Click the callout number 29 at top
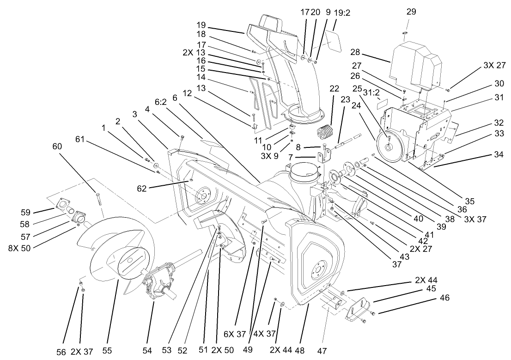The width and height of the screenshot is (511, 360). pyautogui.click(x=411, y=12)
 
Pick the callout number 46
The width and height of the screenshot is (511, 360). pyautogui.click(x=444, y=298)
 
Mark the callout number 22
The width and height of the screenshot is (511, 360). pyautogui.click(x=335, y=88)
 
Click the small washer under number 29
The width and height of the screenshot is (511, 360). pyautogui.click(x=405, y=33)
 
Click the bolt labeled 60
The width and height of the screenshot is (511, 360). pyautogui.click(x=98, y=199)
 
